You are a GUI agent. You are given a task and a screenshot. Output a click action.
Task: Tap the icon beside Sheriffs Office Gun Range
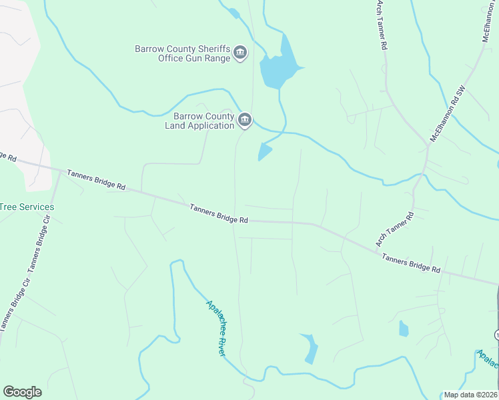point(241,53)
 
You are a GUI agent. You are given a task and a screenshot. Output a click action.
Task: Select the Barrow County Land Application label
point(199,121)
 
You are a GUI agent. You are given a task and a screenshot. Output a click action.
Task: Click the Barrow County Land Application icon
point(245,120)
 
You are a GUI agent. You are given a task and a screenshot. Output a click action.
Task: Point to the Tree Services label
point(27,207)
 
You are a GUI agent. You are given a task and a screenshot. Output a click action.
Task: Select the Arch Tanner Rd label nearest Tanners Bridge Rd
point(395,229)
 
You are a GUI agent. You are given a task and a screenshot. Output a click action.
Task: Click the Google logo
point(22,392)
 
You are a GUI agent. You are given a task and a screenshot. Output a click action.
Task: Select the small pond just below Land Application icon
point(265,153)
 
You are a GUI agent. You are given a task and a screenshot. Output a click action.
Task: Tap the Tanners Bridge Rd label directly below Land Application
point(219,213)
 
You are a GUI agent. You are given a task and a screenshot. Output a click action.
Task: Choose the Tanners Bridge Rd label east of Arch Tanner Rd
point(411,264)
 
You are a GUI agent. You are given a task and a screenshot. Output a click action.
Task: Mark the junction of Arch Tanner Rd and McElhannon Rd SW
point(428,145)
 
